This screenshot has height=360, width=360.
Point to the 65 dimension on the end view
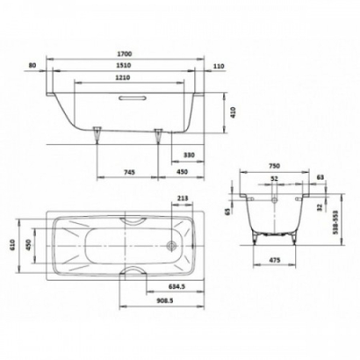pyautogui.click(x=228, y=212)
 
